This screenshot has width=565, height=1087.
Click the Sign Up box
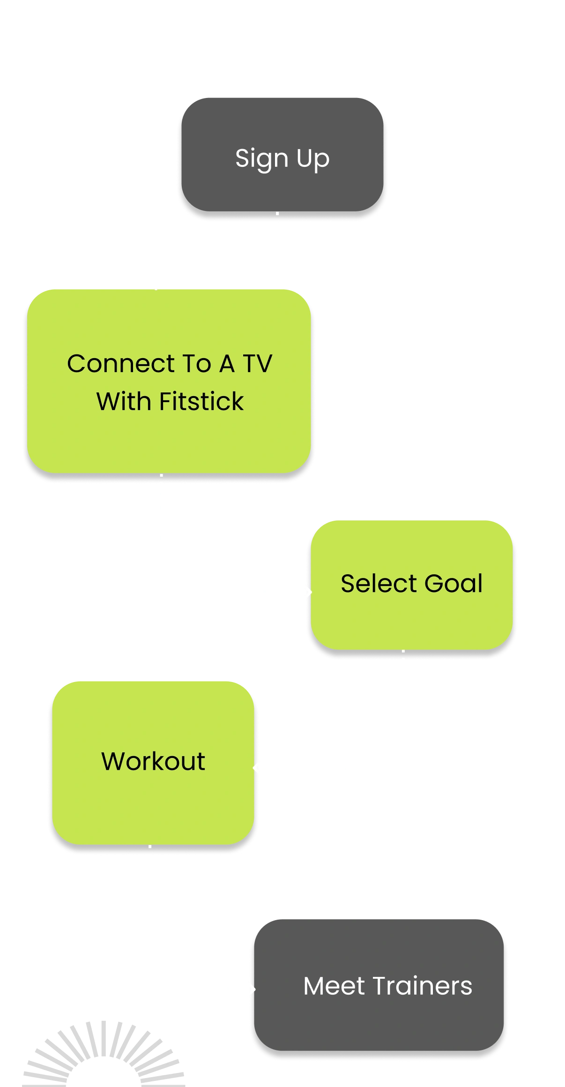click(282, 155)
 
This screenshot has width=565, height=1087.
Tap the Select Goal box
click(412, 585)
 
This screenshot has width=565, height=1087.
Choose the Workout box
click(153, 762)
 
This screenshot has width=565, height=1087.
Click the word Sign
click(261, 158)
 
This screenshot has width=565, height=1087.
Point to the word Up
click(313, 158)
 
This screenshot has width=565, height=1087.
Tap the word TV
click(257, 364)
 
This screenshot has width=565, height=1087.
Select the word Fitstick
click(201, 402)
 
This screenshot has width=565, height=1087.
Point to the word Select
click(379, 584)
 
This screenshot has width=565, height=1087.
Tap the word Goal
click(453, 584)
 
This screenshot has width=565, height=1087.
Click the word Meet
click(334, 986)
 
